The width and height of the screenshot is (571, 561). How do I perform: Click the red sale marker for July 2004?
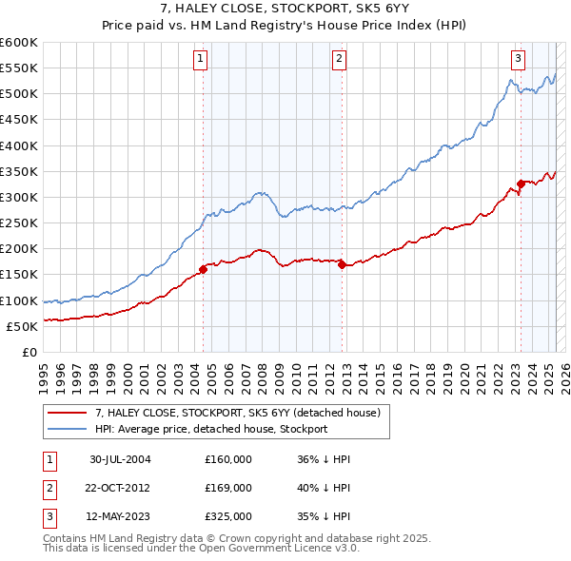(203, 269)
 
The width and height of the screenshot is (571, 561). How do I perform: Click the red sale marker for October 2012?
(341, 264)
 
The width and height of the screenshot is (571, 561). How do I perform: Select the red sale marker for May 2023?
(520, 184)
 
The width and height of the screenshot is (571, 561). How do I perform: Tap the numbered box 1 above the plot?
(202, 59)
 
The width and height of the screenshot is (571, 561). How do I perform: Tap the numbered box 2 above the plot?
(340, 59)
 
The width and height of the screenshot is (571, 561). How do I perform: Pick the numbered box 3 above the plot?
(519, 59)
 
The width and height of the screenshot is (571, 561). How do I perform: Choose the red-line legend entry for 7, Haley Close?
(238, 413)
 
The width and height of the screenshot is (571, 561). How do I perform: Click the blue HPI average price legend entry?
(210, 429)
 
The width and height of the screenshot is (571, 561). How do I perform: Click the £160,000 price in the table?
(228, 458)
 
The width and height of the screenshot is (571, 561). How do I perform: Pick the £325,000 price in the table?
(228, 517)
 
